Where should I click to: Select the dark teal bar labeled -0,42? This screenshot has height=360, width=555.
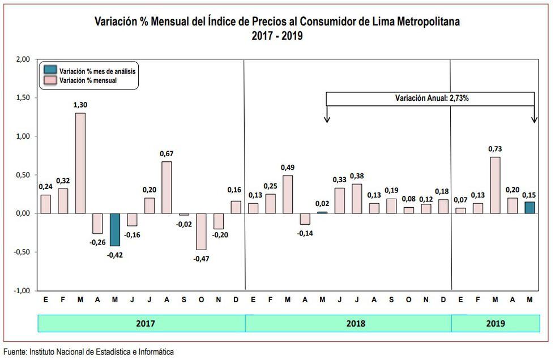[x=115, y=229]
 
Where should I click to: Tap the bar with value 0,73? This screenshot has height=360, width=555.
[x=495, y=185]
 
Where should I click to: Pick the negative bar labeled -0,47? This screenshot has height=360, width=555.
[x=202, y=232]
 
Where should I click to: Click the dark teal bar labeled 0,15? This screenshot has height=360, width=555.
[x=530, y=208]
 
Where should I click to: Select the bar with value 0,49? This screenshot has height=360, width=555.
[x=288, y=194]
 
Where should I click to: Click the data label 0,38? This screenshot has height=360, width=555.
[x=357, y=175]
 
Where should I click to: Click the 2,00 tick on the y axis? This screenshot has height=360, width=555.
[x=22, y=59]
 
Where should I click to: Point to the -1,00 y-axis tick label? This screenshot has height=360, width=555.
[x=21, y=290]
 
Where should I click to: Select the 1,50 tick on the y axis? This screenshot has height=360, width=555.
[x=22, y=98]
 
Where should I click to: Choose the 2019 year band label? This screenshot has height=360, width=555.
[x=495, y=324]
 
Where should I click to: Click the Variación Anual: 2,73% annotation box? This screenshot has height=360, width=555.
[x=430, y=98]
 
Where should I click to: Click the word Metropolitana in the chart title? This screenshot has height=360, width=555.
[x=424, y=22]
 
